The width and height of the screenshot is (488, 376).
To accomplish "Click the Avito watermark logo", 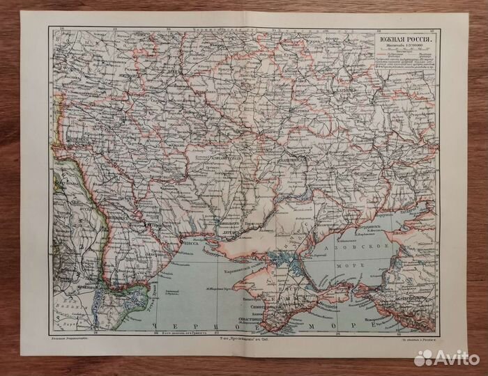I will tap(445, 357).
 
